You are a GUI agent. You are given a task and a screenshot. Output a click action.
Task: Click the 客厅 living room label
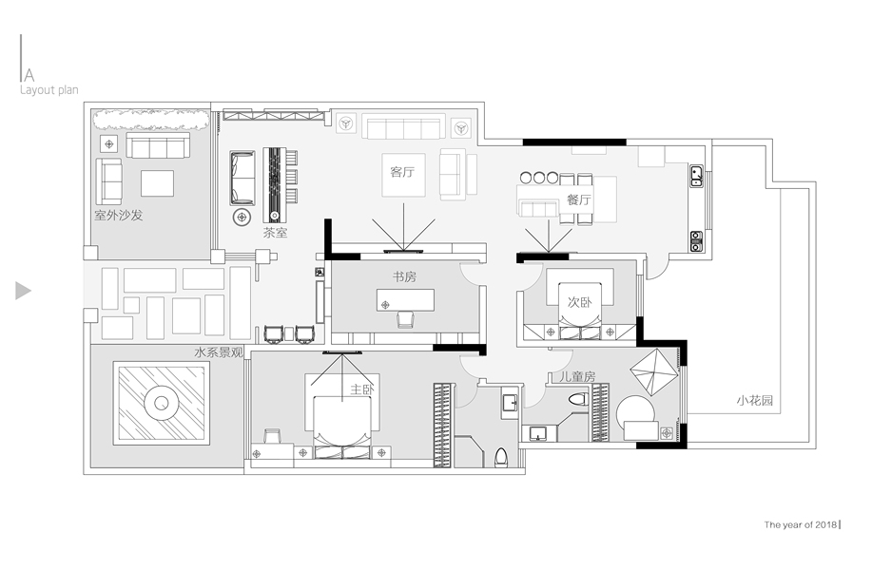click(x=402, y=172)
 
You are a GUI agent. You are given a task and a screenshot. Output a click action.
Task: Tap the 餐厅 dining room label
click(x=579, y=199)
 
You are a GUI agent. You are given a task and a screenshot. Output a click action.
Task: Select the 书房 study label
click(x=404, y=276)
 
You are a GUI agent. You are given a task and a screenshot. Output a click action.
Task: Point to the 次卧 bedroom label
click(x=579, y=302)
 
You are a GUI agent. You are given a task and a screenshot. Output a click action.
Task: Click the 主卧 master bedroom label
click(x=362, y=389)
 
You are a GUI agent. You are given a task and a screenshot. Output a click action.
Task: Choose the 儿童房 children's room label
click(x=576, y=376)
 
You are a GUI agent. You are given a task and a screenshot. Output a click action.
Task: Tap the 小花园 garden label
click(x=755, y=401)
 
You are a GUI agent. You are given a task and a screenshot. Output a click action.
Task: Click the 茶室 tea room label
click(x=275, y=233)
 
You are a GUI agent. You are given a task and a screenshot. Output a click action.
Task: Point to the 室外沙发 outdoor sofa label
click(x=119, y=215)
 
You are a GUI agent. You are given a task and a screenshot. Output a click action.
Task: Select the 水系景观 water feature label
click(x=219, y=352)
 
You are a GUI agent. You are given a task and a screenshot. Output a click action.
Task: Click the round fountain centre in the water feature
click(x=162, y=404)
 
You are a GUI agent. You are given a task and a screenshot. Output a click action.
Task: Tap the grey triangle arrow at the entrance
click(x=22, y=291)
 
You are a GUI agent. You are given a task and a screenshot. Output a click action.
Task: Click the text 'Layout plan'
click(x=48, y=90)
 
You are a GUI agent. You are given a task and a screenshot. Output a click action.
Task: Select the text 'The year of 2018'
click(x=801, y=524)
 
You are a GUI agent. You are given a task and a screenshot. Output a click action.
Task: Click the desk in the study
click(x=405, y=300)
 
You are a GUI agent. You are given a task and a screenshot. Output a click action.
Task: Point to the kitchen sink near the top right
click(x=697, y=176)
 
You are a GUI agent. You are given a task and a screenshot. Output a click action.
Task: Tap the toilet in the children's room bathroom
click(x=578, y=399)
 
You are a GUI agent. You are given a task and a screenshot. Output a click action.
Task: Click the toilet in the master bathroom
click(x=501, y=457)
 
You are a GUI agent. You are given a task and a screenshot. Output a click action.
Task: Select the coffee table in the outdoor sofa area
click(x=157, y=183)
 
